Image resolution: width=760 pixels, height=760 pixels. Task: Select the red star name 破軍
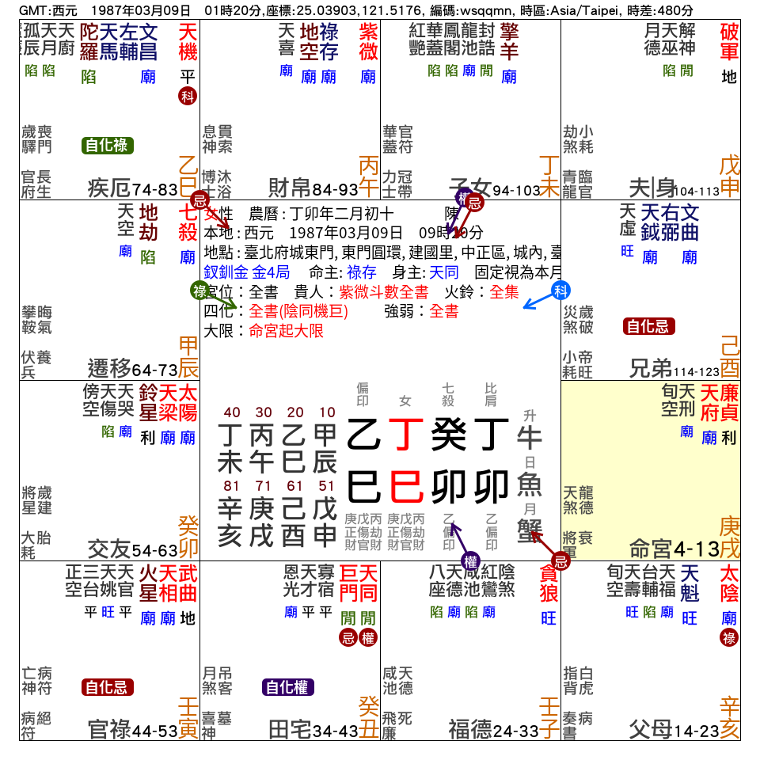(729, 43)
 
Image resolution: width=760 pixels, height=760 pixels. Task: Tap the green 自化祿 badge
(108, 146)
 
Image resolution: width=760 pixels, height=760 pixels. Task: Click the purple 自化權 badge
(288, 687)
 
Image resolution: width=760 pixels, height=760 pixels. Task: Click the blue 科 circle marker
(560, 290)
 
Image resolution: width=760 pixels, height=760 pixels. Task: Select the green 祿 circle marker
(199, 291)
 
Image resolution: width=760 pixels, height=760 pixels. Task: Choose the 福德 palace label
(470, 729)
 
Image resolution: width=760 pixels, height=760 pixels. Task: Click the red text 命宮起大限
(286, 331)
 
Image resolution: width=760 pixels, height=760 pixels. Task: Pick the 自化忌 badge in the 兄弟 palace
(649, 326)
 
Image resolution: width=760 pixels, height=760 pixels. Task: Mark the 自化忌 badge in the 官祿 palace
(108, 687)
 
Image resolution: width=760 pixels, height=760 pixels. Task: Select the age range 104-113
(697, 191)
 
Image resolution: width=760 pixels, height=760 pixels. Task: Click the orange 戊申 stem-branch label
(729, 177)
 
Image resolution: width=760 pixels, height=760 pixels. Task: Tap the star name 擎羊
(508, 43)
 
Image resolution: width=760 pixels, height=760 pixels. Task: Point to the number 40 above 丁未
(232, 412)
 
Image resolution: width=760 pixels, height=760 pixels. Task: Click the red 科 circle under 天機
(187, 97)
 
